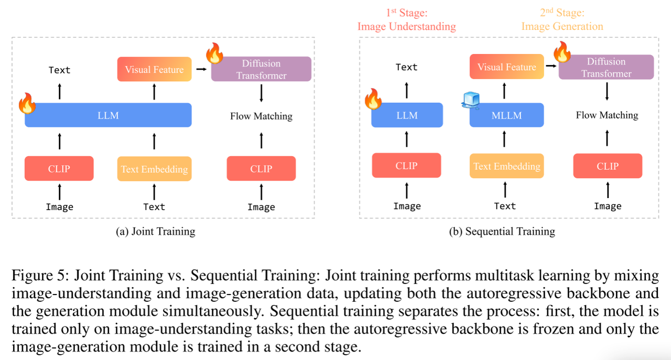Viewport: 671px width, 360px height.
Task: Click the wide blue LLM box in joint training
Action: coord(108,115)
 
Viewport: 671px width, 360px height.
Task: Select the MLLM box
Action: coord(506,115)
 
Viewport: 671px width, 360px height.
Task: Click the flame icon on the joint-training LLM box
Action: coord(27,103)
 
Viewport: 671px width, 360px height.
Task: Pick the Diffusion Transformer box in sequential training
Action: coord(606,68)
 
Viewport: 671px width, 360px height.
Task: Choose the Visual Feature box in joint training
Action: coord(154,69)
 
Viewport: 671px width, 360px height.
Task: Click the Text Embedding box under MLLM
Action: coord(506,166)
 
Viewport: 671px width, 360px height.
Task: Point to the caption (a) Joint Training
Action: coord(155,231)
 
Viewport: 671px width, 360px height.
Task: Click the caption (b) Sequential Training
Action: coord(502,231)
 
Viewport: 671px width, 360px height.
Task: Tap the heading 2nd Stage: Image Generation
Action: coord(562,20)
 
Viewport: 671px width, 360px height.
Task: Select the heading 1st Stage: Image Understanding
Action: coord(406,20)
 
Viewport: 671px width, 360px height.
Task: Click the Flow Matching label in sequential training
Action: coord(607,115)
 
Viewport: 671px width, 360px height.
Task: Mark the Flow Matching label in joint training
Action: coord(261,116)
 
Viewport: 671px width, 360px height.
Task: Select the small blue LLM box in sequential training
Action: coord(407,115)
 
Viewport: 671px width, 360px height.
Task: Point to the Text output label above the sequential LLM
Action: coord(407,67)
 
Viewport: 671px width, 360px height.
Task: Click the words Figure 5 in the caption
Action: coord(38,275)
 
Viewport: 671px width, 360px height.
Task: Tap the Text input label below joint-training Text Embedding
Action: coord(154,207)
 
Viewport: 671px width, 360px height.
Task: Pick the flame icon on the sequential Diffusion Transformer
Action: coord(562,52)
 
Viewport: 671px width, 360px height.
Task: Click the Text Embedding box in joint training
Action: coord(154,169)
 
